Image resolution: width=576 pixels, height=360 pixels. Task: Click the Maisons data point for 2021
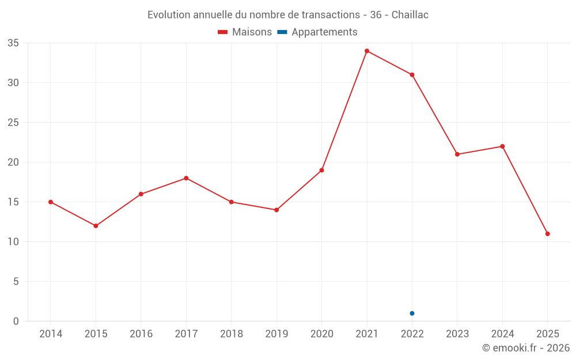tap(367, 51)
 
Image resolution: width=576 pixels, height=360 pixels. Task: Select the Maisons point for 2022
tap(412, 75)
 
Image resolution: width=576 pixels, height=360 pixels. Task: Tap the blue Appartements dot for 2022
tap(412, 313)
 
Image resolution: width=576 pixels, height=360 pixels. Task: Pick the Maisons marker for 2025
tap(547, 234)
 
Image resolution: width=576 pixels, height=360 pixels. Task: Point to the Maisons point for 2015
tap(96, 226)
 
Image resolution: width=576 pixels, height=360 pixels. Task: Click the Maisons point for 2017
tap(186, 178)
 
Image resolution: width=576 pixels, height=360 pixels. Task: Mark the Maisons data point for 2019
tap(276, 210)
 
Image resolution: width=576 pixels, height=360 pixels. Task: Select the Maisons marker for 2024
tap(502, 146)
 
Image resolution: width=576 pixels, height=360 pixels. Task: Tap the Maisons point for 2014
tap(51, 202)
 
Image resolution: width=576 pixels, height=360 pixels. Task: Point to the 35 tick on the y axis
tap(13, 43)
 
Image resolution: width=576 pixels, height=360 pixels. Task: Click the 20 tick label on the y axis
tap(13, 162)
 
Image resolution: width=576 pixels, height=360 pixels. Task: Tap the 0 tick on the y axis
tap(16, 321)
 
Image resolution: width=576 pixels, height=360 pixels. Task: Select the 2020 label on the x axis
tap(321, 334)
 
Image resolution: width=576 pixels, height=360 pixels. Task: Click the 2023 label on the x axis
tap(457, 334)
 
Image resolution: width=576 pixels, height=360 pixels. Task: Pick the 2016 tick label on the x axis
tap(141, 334)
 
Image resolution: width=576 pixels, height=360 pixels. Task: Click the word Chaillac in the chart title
tap(410, 15)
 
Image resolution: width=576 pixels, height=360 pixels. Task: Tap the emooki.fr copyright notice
tap(525, 348)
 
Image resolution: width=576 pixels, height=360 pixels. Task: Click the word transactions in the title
tap(330, 15)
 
